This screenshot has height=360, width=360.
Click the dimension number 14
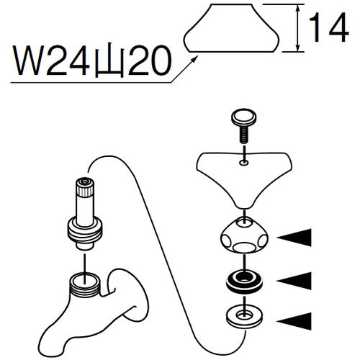tap(329, 27)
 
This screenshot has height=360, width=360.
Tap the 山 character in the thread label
tap(109, 60)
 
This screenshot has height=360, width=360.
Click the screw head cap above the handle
tap(243, 118)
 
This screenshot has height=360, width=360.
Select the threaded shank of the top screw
tap(244, 135)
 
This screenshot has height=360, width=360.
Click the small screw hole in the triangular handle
tap(244, 163)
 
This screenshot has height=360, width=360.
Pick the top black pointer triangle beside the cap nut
tap(294, 238)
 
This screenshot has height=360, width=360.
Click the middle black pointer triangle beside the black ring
tap(294, 281)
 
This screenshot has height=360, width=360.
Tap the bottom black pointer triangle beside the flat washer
tap(294, 321)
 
